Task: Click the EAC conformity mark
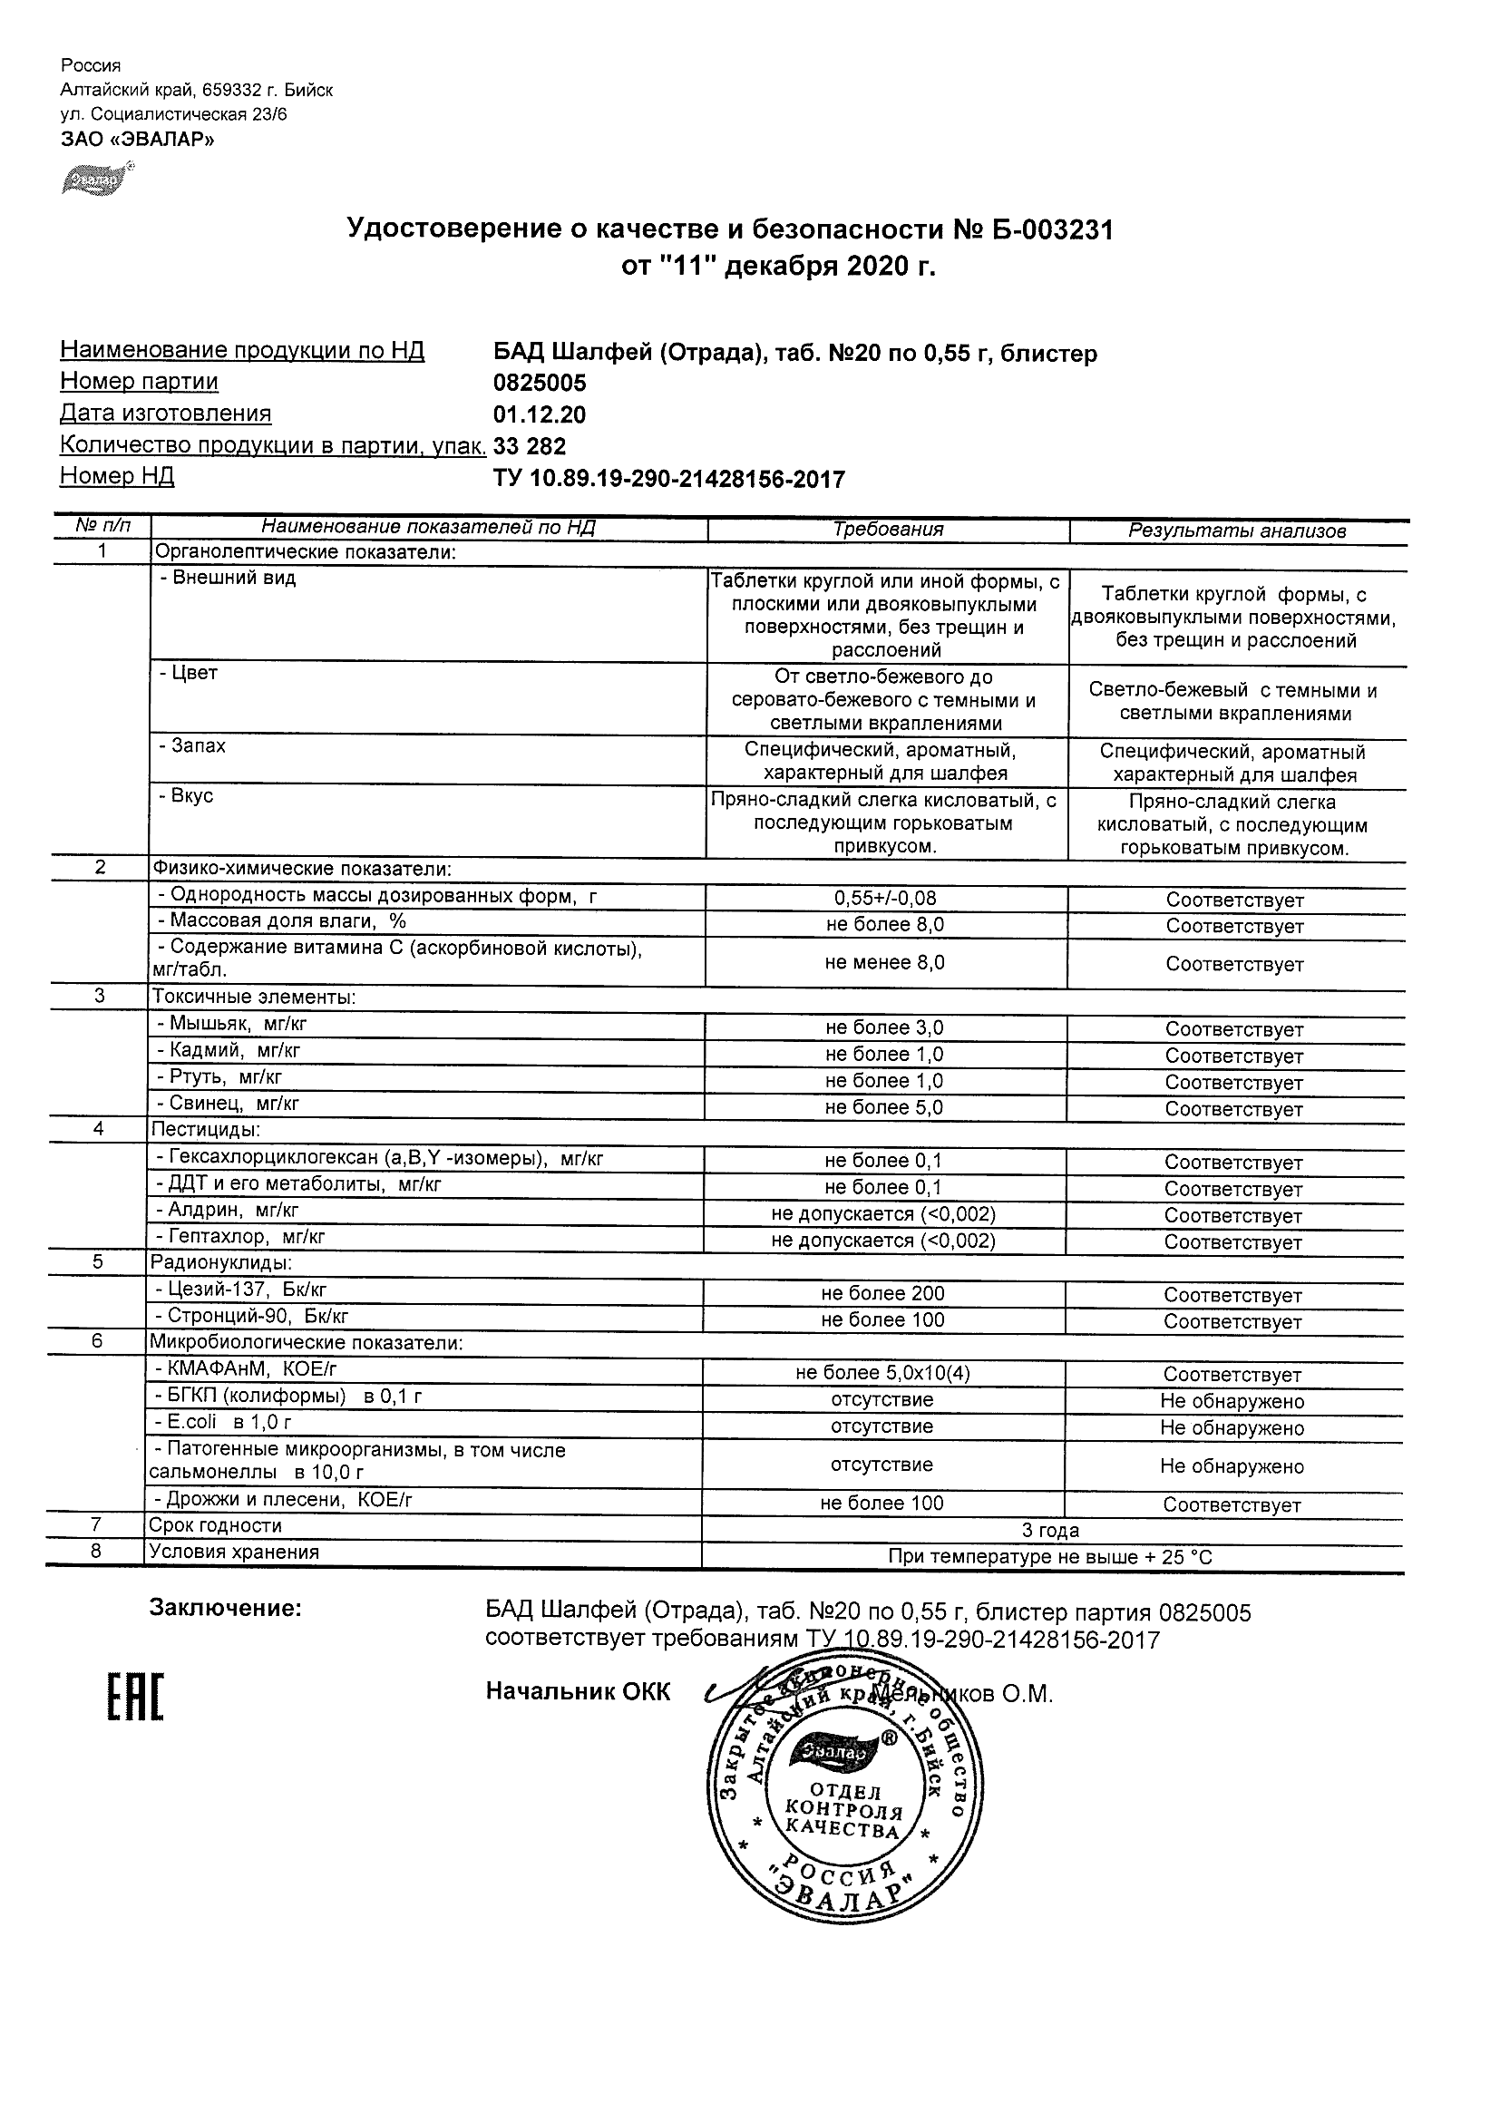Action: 135,1698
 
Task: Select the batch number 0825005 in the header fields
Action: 540,383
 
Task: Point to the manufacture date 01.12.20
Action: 540,415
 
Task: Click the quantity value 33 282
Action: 530,446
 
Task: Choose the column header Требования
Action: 887,530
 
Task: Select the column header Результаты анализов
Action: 1237,530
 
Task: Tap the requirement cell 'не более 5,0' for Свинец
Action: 883,1107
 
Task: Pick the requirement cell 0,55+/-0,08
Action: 884,898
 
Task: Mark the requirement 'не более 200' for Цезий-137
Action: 882,1294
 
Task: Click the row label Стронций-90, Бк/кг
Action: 251,1316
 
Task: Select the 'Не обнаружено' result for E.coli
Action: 1232,1428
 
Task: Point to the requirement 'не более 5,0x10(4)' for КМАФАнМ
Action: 882,1373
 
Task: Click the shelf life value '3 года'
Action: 1050,1531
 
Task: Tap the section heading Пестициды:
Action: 205,1129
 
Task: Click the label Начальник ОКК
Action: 578,1692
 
